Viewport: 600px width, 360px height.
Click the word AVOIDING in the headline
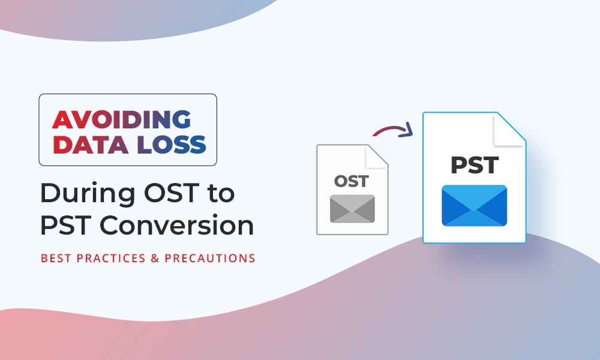(121, 120)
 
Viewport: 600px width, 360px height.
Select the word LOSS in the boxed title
(172, 144)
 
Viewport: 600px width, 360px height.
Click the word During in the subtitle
(88, 193)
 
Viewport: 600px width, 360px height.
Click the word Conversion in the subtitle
(177, 225)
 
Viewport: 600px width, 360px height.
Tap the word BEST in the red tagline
(56, 258)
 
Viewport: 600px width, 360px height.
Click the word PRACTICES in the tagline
(111, 258)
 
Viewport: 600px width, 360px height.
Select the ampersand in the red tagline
(155, 258)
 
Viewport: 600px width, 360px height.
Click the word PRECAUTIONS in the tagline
(209, 258)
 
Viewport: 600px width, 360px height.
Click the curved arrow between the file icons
(391, 128)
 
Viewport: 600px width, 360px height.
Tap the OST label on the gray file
(351, 181)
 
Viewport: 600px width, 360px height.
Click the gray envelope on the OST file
(352, 209)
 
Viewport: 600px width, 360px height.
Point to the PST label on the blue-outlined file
(475, 165)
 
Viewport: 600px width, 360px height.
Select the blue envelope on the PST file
(475, 205)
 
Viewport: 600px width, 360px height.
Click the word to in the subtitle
(221, 193)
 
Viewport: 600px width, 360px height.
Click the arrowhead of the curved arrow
(407, 130)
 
